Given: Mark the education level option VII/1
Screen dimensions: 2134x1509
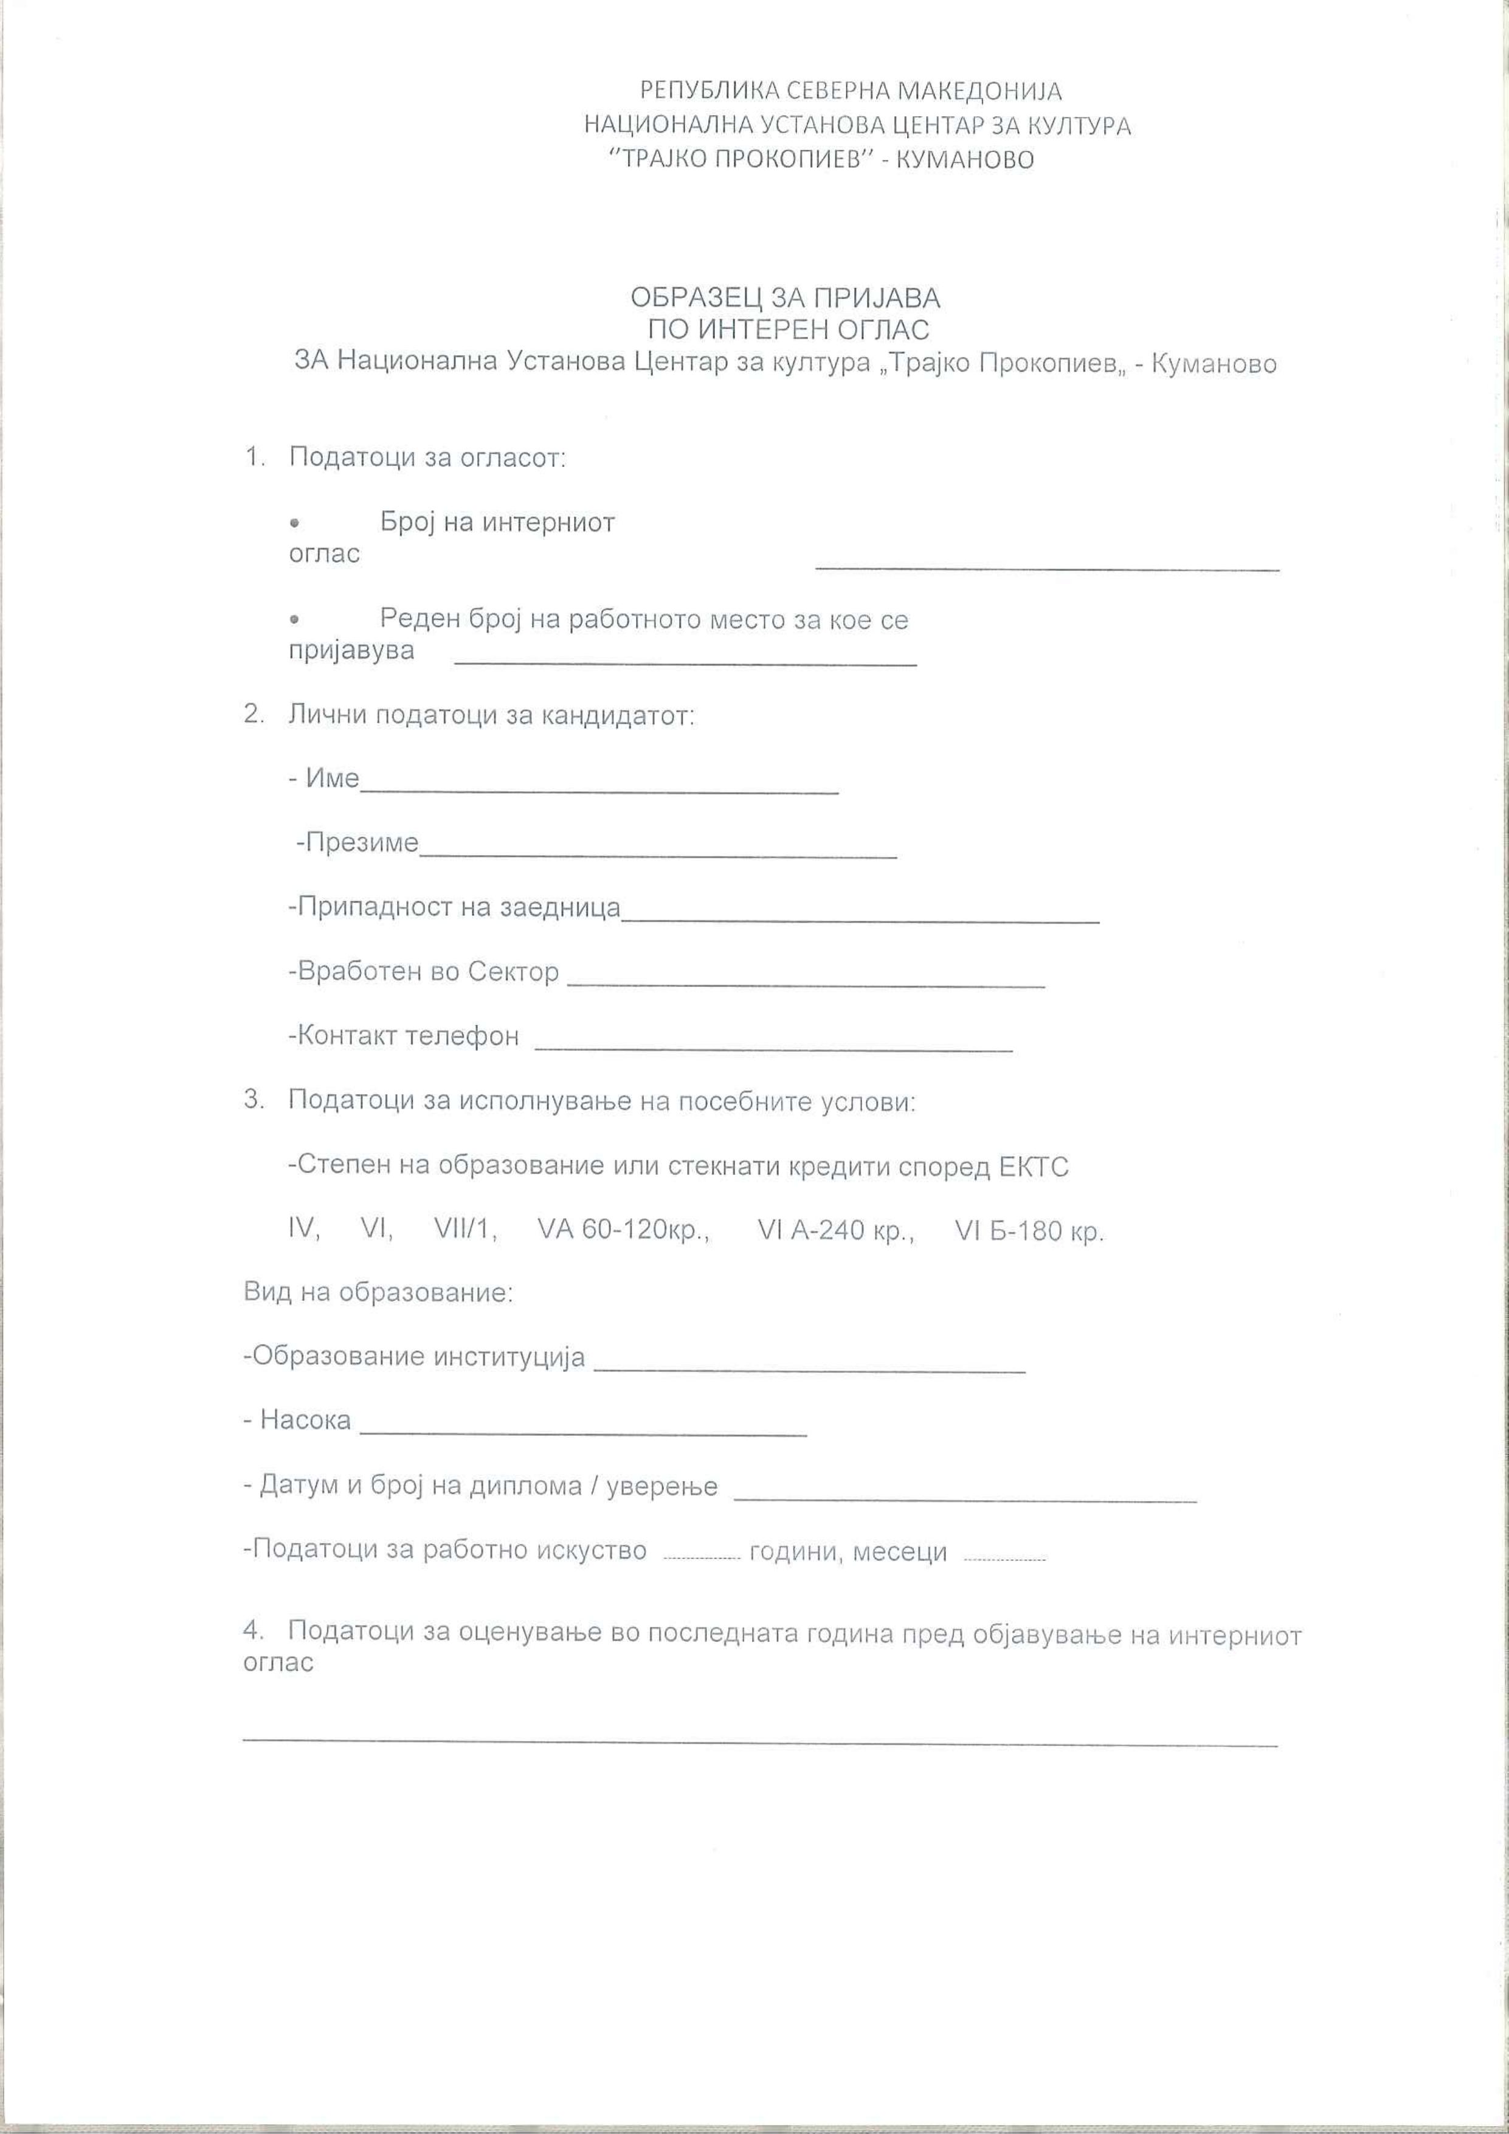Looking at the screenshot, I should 464,1230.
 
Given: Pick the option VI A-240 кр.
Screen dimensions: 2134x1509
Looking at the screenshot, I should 835,1230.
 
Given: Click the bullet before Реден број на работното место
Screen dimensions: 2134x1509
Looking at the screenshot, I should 294,618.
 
